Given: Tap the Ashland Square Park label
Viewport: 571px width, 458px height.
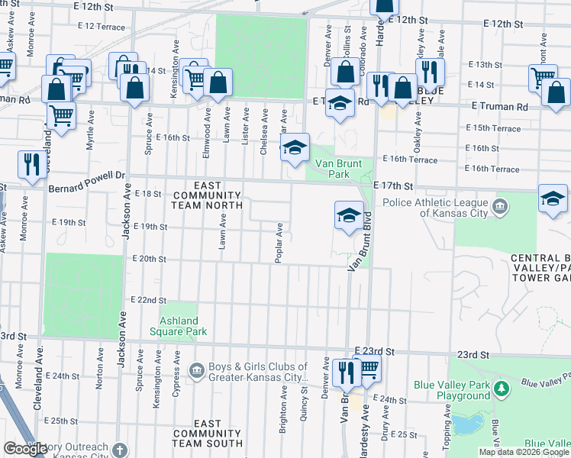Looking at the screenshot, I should tap(183, 327).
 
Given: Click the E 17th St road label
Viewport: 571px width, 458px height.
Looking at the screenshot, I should tap(393, 185).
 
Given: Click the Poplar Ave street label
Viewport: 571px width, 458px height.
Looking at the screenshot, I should tap(280, 243).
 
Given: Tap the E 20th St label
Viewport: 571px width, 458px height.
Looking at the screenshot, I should tap(149, 259).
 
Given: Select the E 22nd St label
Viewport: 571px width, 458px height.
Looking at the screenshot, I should tap(148, 302).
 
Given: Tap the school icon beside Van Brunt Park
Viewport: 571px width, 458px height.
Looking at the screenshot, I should tap(294, 147).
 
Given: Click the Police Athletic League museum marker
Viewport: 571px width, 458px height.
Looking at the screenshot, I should tap(500, 205).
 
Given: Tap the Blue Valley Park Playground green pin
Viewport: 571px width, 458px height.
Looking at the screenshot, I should tap(501, 389).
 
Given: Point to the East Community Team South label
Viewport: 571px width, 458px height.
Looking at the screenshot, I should tap(208, 433).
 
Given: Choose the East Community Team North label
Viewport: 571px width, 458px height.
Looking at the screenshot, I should tap(208, 195).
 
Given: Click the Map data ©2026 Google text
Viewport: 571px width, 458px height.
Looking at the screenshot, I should tap(523, 452).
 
